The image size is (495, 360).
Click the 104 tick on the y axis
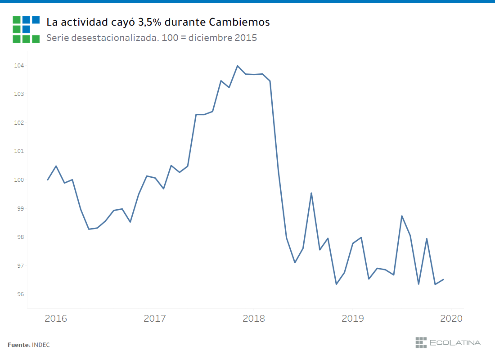pyautogui.click(x=18, y=66)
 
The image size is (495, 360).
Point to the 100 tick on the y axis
pyautogui.click(x=18, y=180)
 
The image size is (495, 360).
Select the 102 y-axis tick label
pyautogui.click(x=18, y=123)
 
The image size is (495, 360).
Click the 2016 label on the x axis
pyautogui.click(x=56, y=319)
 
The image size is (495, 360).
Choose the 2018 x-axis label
pyautogui.click(x=254, y=319)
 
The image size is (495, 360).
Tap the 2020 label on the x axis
pyautogui.click(x=451, y=319)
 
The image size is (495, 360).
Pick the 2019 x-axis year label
pyautogui.click(x=353, y=319)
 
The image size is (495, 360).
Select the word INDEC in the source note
pyautogui.click(x=41, y=345)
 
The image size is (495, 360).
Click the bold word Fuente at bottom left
pyautogui.click(x=18, y=345)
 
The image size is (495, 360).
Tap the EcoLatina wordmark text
pyautogui.click(x=455, y=342)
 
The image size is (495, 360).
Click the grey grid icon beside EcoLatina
pyautogui.click(x=421, y=342)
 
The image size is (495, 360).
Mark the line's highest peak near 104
pyautogui.click(x=238, y=66)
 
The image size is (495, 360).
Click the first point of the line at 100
pyautogui.click(x=48, y=180)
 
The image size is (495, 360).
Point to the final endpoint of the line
pyautogui.click(x=444, y=279)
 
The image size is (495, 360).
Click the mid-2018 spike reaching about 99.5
pyautogui.click(x=311, y=193)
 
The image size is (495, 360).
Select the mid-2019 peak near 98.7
pyautogui.click(x=402, y=216)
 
